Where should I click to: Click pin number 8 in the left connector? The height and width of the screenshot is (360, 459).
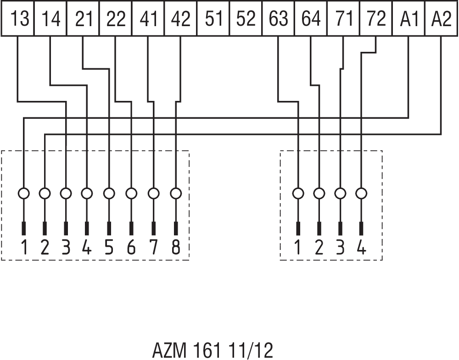pyautogui.click(x=176, y=248)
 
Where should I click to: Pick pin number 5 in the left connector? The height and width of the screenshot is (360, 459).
pyautogui.click(x=109, y=248)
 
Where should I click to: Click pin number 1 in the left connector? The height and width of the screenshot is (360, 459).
pyautogui.click(x=24, y=248)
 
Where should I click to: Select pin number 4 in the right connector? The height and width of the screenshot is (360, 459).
pyautogui.click(x=361, y=248)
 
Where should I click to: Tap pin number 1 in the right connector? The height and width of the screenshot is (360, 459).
pyautogui.click(x=298, y=248)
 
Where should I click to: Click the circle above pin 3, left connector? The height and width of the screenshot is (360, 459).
pyautogui.click(x=66, y=194)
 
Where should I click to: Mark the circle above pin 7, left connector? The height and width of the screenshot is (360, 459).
pyautogui.click(x=153, y=194)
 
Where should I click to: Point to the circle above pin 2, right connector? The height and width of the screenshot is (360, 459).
pyautogui.click(x=319, y=194)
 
